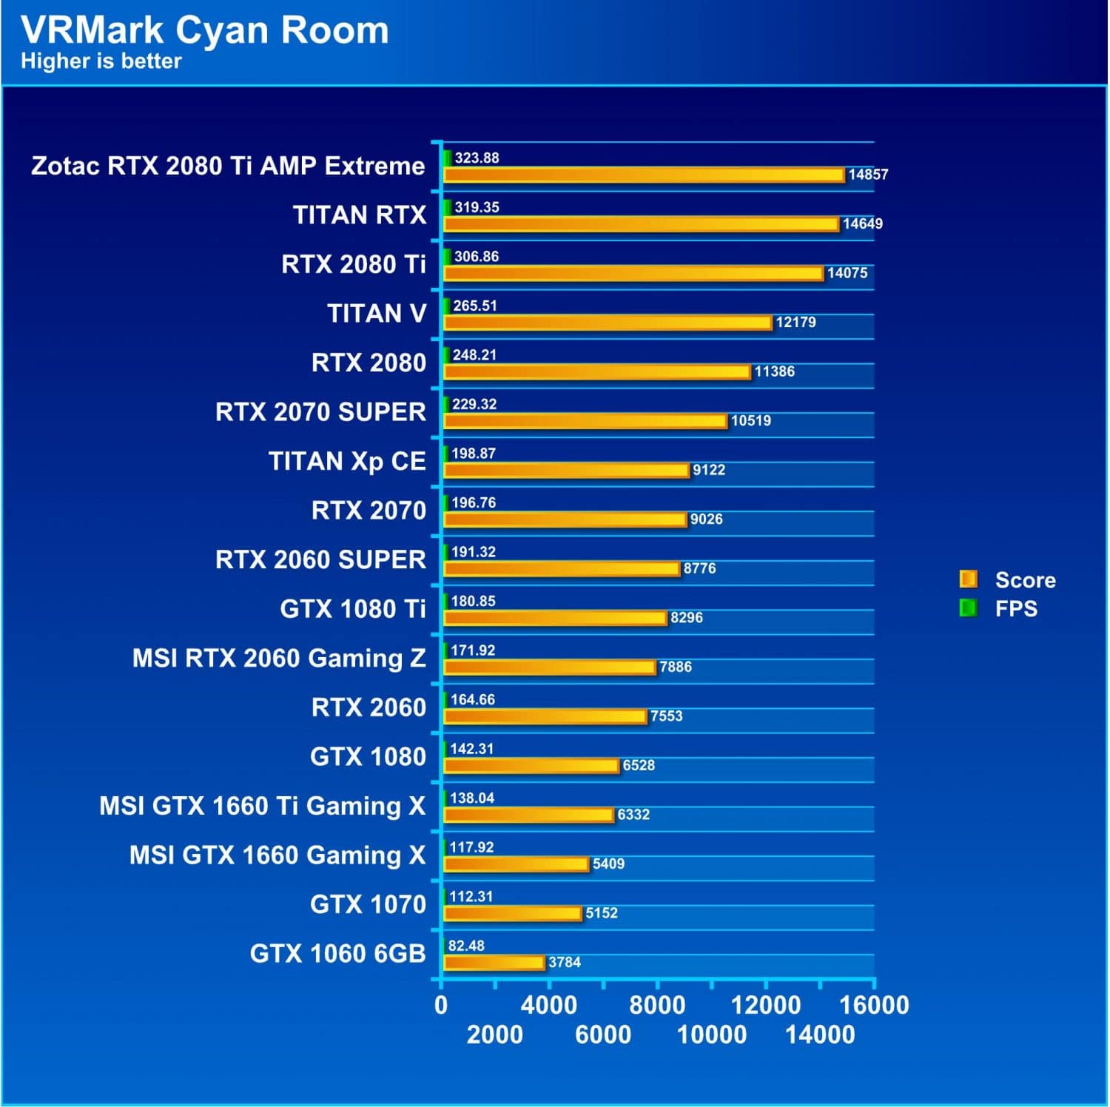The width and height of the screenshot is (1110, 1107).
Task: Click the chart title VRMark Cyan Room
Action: click(x=204, y=30)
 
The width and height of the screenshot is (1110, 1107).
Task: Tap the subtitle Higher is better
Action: click(x=101, y=61)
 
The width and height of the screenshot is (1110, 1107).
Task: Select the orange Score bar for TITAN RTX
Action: click(x=641, y=224)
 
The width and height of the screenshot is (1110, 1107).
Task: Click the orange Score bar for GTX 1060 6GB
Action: click(x=494, y=963)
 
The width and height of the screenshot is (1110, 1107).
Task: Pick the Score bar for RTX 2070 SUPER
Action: click(x=585, y=421)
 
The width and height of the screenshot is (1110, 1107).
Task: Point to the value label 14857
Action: click(x=867, y=175)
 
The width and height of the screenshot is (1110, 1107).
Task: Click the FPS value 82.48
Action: click(x=466, y=946)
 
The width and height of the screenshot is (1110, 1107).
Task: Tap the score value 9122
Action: click(x=708, y=470)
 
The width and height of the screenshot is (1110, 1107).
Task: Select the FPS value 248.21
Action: click(x=474, y=355)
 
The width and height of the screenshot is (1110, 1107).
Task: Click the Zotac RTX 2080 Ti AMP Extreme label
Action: click(x=228, y=166)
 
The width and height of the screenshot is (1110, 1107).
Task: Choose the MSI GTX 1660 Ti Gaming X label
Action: click(x=262, y=806)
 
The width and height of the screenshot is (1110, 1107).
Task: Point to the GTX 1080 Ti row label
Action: click(x=352, y=609)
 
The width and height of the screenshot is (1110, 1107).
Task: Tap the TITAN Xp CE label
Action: click(x=346, y=462)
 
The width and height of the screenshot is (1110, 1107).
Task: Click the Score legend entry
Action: click(x=1025, y=580)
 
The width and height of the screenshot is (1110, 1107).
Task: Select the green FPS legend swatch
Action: click(x=967, y=608)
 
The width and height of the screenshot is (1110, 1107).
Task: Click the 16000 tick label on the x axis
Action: click(x=874, y=1006)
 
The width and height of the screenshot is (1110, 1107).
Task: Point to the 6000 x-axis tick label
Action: click(x=603, y=1034)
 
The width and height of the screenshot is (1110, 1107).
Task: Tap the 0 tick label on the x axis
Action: click(x=441, y=1006)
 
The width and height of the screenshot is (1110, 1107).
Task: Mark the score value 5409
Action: click(x=608, y=864)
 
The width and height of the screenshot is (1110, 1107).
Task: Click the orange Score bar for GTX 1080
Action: click(x=531, y=766)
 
